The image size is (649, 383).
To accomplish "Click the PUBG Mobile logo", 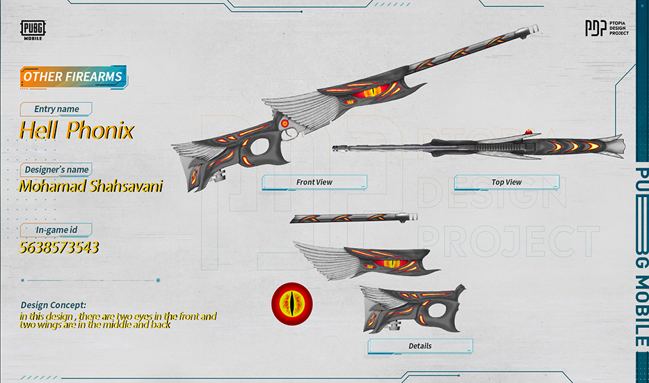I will (33, 30).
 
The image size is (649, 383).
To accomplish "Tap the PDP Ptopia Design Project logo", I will (606, 28).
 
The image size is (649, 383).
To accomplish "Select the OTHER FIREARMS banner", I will (73, 77).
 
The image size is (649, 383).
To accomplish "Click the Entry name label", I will (56, 109).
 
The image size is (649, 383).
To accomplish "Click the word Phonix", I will (102, 130).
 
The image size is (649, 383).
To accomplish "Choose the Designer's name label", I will (56, 170).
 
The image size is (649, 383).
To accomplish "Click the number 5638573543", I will (59, 247).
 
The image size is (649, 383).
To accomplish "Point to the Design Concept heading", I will (54, 305).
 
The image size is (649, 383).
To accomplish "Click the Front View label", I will (314, 182).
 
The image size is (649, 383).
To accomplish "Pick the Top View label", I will (506, 182).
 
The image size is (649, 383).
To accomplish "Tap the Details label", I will (420, 346).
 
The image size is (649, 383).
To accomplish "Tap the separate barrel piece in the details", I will (348, 218).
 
